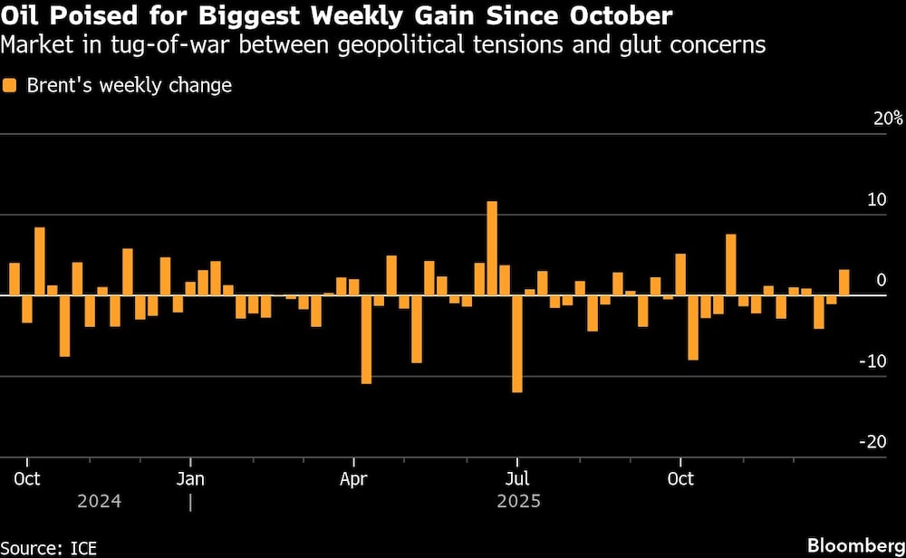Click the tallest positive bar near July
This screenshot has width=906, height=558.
tap(492, 248)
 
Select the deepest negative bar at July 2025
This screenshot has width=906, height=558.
tap(517, 343)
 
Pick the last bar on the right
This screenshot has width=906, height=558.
tap(844, 283)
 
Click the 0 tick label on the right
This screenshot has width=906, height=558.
tap(881, 280)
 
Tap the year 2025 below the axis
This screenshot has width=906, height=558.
tap(517, 501)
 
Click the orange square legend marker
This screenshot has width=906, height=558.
tap(11, 86)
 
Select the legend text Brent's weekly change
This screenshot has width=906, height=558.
tap(129, 86)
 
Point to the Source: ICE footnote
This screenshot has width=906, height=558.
tap(49, 546)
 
